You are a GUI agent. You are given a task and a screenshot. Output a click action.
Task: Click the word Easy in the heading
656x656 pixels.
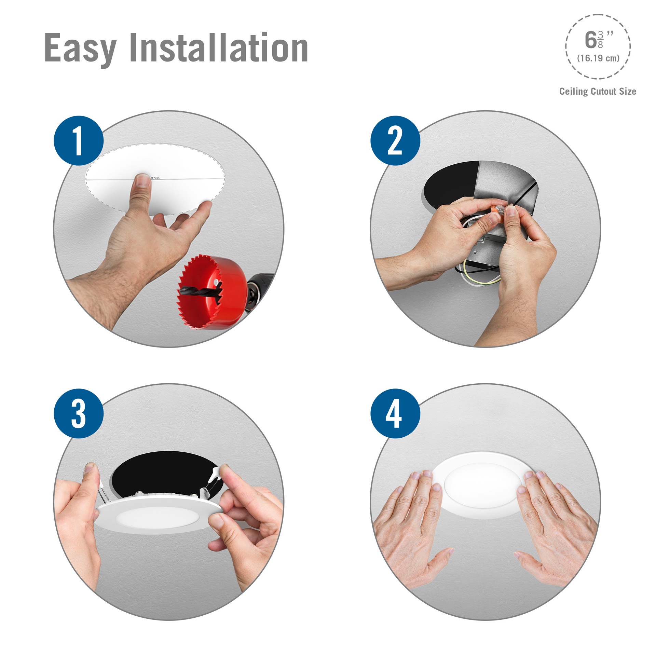(x=80, y=48)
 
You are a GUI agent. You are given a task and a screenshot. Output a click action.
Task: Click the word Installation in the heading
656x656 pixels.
(x=219, y=48)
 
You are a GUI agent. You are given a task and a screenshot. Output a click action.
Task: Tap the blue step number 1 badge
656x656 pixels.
(x=79, y=140)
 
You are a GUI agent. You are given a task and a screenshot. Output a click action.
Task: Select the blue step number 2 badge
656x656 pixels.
(x=395, y=140)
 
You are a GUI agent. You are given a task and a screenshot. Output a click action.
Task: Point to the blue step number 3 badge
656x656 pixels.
(x=79, y=413)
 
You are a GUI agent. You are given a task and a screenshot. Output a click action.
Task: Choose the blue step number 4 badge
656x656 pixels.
(x=395, y=413)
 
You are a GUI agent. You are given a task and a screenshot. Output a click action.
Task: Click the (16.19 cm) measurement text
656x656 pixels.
(x=598, y=58)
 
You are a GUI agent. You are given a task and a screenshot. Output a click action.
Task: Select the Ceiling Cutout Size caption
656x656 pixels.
(x=598, y=91)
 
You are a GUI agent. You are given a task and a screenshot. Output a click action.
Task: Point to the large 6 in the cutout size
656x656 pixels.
(x=590, y=40)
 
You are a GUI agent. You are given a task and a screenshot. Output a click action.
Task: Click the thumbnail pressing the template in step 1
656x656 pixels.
(x=143, y=180)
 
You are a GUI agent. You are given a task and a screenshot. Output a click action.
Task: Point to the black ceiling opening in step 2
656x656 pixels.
(x=448, y=184)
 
